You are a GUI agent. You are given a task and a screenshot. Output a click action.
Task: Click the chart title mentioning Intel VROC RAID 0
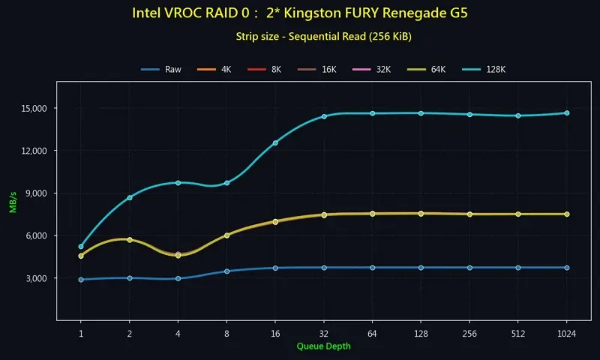pyautogui.click(x=300, y=13)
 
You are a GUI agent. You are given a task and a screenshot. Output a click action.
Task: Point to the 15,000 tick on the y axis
pyautogui.click(x=32, y=109)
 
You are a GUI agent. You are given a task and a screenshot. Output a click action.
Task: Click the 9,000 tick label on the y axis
pyautogui.click(x=34, y=193)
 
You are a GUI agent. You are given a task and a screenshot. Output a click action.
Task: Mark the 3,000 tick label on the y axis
pyautogui.click(x=34, y=278)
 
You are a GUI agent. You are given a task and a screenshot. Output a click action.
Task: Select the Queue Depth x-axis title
pyautogui.click(x=323, y=346)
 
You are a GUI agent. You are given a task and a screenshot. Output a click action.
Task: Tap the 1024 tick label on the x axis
pyautogui.click(x=566, y=332)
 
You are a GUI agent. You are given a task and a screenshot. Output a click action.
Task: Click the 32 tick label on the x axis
pyautogui.click(x=324, y=332)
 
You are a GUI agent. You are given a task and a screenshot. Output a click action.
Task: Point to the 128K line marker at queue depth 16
pyautogui.click(x=275, y=142)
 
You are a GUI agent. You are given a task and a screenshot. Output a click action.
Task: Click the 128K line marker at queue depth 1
pyautogui.click(x=81, y=246)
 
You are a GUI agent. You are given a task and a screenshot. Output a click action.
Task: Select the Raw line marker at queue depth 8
pyautogui.click(x=226, y=271)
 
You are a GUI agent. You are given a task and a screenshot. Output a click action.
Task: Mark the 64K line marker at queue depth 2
pyautogui.click(x=130, y=240)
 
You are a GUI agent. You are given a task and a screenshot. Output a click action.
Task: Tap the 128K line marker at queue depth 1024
pyautogui.click(x=567, y=113)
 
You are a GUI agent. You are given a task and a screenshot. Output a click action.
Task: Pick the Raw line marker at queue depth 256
pyautogui.click(x=469, y=268)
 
